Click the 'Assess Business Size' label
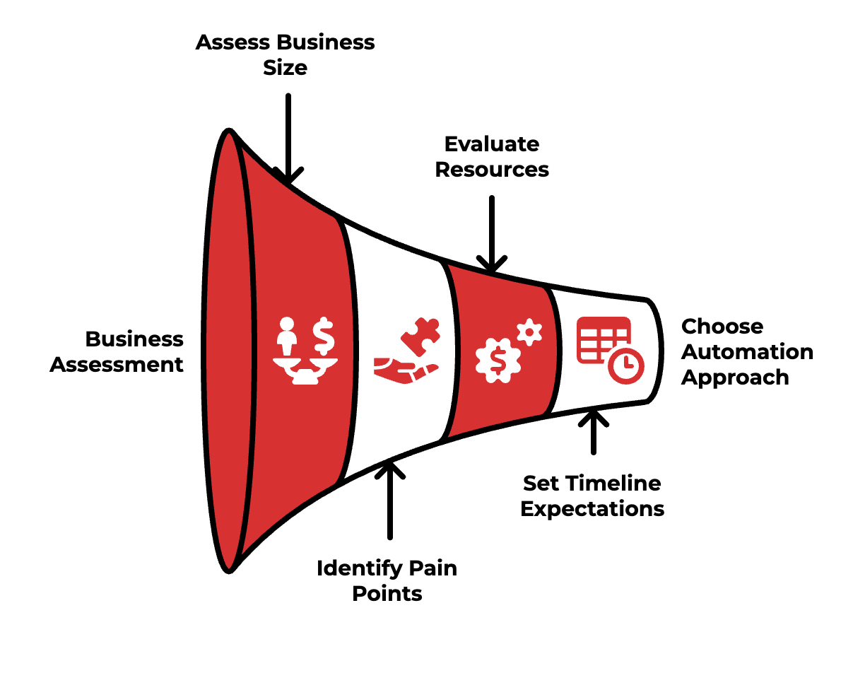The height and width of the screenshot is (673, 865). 285,55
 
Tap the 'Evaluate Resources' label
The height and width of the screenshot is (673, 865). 492,157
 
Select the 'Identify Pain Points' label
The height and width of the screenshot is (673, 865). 387,580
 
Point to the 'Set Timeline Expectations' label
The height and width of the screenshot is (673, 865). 592,496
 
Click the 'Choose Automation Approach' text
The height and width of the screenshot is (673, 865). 746,352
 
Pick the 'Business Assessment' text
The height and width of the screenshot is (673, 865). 117,352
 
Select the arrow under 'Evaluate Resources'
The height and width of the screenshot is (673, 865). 491,233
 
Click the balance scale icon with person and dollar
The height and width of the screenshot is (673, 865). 305,352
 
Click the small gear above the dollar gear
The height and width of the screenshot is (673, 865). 528,332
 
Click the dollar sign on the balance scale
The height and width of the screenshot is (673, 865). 324,335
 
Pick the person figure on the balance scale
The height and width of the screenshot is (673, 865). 286,336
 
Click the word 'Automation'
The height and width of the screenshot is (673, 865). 746,352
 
